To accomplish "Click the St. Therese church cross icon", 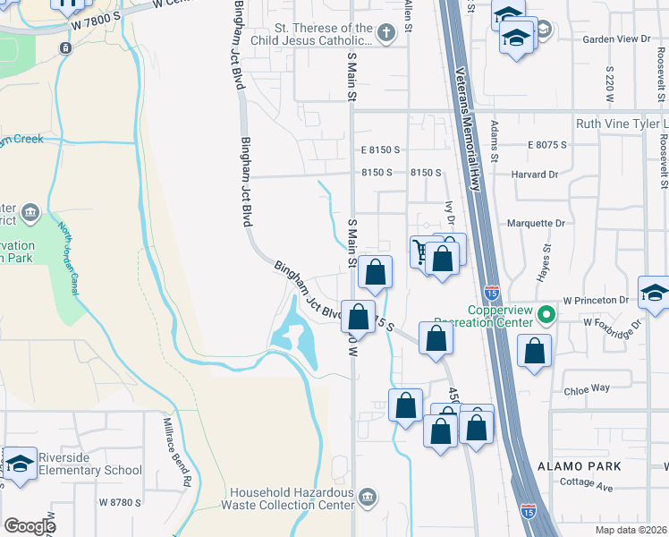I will [x=385, y=34].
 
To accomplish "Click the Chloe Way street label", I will [x=587, y=388].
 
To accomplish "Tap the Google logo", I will [x=30, y=526].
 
